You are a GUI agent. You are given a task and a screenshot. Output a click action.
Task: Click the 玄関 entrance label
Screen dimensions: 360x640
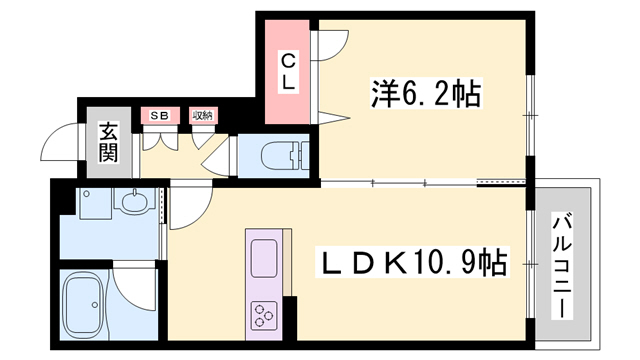pos(107,142)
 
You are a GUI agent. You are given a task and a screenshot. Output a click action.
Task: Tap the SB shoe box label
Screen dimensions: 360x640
pos(159,116)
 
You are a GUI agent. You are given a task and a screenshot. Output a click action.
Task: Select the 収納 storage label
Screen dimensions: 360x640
pos(202,116)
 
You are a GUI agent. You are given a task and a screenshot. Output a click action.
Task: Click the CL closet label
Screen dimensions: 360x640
pos(287,71)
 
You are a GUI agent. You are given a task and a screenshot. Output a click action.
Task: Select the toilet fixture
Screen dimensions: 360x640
pos(280,155)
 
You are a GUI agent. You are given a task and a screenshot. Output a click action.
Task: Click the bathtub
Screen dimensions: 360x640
pos(86,306)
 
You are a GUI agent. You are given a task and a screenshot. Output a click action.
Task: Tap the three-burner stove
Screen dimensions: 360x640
pos(266,314)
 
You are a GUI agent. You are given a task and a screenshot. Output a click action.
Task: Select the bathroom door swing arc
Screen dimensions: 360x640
pos(130,285)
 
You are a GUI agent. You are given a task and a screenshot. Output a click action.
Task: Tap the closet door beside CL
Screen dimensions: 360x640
pos(330,46)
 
